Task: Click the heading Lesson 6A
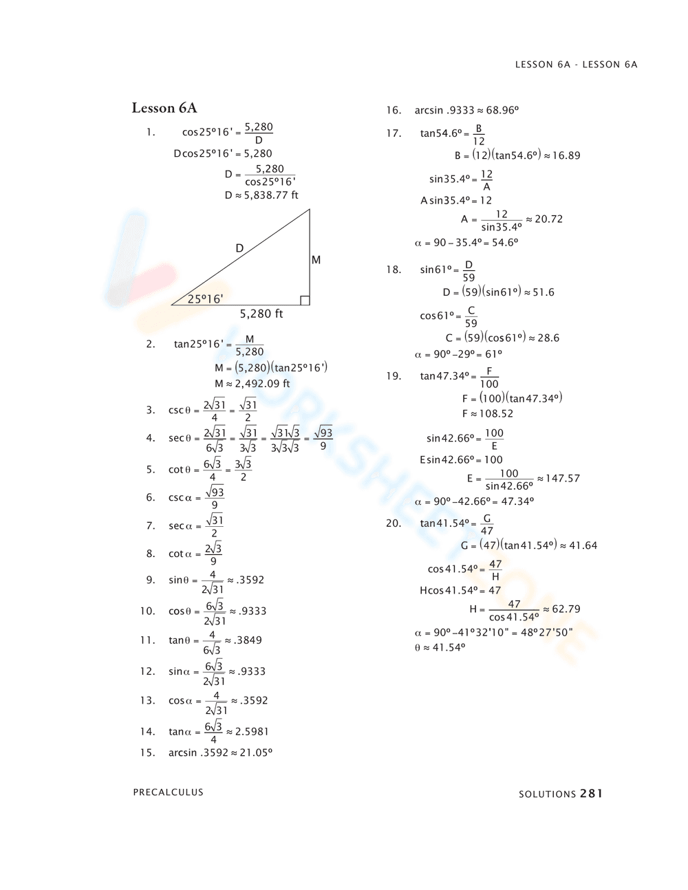point(164,108)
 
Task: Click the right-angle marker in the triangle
point(305,301)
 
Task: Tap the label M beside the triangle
point(316,260)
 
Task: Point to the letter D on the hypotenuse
point(239,248)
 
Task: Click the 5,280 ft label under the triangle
point(261,314)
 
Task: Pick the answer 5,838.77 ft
point(271,195)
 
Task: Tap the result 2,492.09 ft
point(262,384)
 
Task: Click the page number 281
point(591,794)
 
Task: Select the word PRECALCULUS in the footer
point(169,792)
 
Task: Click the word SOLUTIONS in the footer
point(547,794)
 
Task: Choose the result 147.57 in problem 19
point(563,479)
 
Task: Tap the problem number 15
point(147,752)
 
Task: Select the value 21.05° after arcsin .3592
point(256,752)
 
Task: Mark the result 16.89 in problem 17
point(566,156)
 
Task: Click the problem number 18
point(394,270)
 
